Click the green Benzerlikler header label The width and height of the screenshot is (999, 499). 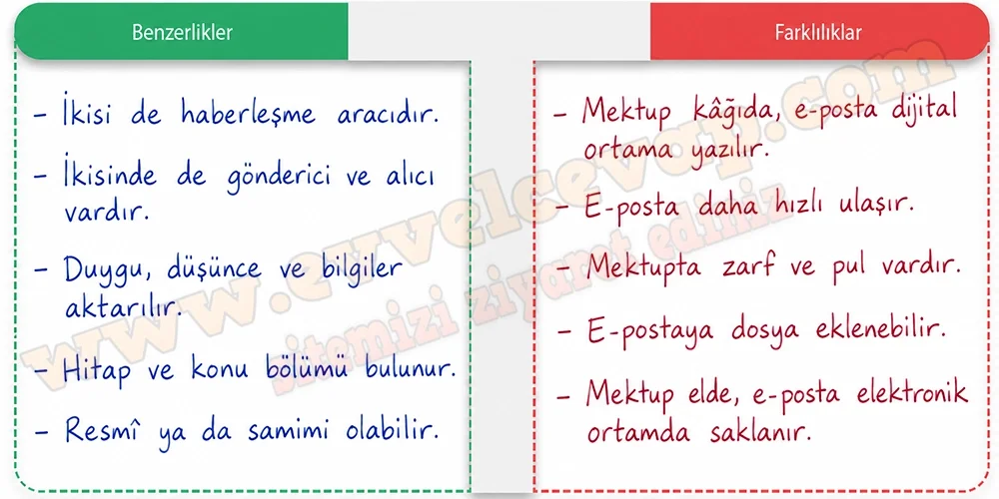pos(182,33)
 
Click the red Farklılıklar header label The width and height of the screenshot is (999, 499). pos(818,33)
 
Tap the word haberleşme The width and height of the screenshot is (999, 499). pos(248,114)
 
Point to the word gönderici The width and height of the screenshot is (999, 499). pos(279,177)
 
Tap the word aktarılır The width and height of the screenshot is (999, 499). pos(119,307)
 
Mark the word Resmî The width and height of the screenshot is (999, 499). pos(102,431)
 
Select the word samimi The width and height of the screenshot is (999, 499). pos(290,431)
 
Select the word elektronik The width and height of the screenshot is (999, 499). pos(912,392)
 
